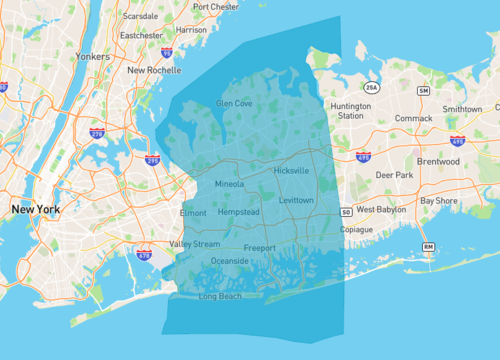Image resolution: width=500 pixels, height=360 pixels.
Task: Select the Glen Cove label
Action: pos(234,103)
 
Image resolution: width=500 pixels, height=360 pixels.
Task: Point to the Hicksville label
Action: pos(291,171)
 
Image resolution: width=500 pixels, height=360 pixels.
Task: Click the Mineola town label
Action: pos(229,184)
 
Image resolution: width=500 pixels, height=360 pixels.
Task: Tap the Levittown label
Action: pos(295,200)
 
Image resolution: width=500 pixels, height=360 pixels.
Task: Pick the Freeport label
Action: pos(259,247)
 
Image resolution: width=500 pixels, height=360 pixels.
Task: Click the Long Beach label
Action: pos(220,297)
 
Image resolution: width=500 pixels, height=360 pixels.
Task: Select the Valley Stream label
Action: pos(194,244)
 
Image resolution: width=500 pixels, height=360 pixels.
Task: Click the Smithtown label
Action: pos(462,109)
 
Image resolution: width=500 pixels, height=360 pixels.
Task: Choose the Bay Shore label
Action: pos(440,200)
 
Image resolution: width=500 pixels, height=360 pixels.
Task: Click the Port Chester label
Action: pos(215,6)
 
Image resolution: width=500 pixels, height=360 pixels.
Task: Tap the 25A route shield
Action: pos(370,87)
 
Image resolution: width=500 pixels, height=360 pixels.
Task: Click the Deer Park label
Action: pos(393,174)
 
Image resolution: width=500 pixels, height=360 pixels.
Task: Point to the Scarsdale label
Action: pos(139,17)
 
